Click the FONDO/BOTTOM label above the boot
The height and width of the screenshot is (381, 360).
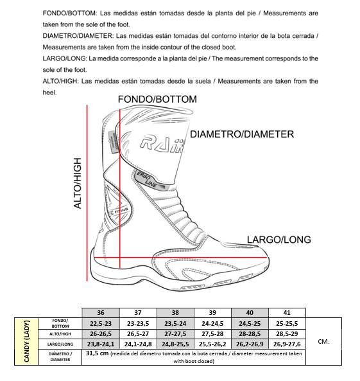point(157,100)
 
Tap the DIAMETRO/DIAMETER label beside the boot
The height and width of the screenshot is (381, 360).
point(242,134)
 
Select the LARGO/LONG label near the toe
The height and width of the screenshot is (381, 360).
point(279,240)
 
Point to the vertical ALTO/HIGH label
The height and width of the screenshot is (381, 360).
point(78,183)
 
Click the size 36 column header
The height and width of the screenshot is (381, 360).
point(101,313)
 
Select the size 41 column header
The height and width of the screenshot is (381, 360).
point(287,313)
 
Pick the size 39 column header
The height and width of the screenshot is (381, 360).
point(212,313)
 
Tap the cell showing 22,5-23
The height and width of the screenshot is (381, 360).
point(101,324)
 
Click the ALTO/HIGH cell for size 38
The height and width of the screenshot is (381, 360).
point(175,334)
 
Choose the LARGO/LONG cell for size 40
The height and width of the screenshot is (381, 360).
point(250,344)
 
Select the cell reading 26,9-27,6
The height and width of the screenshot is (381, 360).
point(287,344)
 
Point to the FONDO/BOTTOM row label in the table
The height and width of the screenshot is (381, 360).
point(60,323)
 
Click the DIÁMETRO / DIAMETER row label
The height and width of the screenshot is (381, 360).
point(60,357)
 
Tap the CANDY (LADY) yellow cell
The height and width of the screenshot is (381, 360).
point(26,341)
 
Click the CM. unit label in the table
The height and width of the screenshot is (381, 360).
point(323,342)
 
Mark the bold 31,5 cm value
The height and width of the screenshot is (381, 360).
point(97,353)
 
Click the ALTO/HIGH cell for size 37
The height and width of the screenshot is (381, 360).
point(138,334)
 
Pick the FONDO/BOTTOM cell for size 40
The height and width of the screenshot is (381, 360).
point(250,324)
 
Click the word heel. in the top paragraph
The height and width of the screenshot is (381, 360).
point(50,93)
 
